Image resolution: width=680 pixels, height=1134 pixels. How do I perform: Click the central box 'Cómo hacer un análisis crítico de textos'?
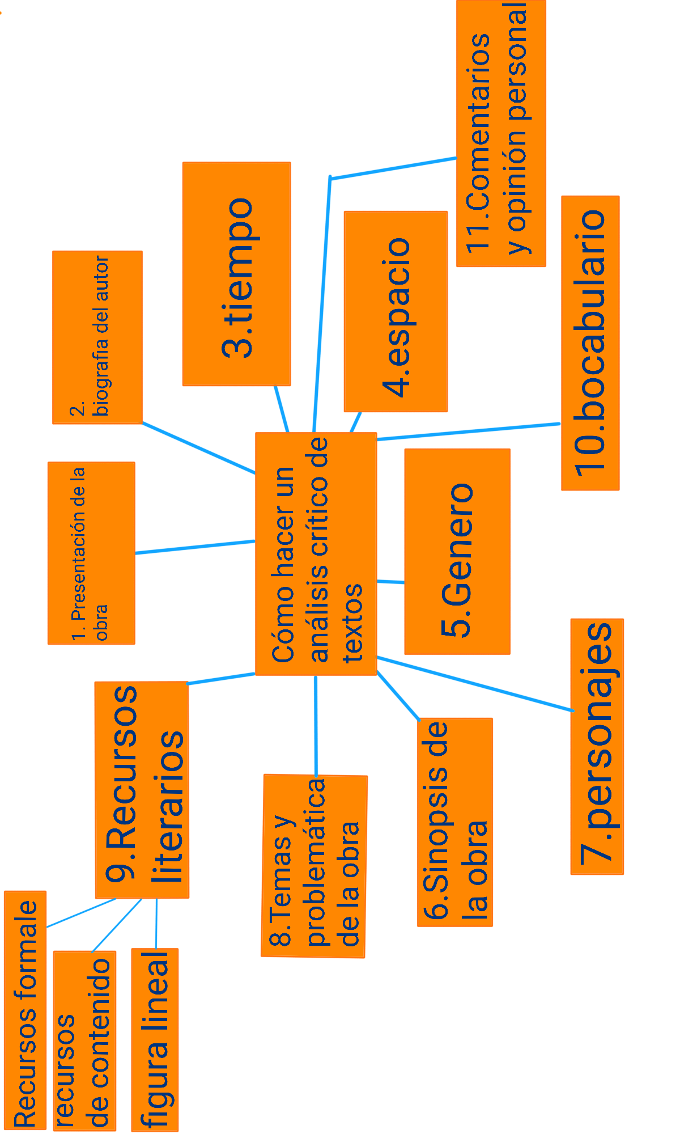[x=316, y=553]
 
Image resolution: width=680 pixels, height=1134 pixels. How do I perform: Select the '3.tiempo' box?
[x=236, y=274]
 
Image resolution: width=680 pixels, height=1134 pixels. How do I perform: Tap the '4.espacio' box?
[x=396, y=311]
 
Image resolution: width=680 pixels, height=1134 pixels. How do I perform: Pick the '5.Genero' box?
[x=457, y=552]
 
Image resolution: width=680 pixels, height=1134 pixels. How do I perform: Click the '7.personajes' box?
[x=597, y=746]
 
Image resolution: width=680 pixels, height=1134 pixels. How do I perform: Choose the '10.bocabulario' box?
[x=590, y=343]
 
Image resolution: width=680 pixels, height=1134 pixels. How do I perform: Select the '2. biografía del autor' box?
[x=97, y=337]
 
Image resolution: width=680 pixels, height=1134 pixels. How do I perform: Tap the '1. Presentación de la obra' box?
[x=91, y=553]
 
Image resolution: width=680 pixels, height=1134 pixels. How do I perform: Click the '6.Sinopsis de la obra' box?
[x=454, y=822]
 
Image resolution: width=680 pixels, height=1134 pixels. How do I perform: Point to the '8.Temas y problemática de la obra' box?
[x=314, y=866]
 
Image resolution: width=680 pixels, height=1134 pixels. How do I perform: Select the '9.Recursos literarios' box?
[x=142, y=790]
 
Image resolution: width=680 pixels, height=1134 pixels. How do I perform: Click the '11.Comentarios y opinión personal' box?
[x=501, y=133]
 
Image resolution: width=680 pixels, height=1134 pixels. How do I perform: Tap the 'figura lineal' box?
[x=155, y=1039]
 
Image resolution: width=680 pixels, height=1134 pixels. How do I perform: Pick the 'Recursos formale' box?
[x=25, y=1009]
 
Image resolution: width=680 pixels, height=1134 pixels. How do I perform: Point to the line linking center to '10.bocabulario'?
[x=467, y=431]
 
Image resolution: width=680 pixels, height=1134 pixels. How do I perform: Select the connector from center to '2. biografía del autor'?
[x=198, y=447]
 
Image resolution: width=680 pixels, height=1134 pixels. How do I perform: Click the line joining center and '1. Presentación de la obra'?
[x=195, y=547]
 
